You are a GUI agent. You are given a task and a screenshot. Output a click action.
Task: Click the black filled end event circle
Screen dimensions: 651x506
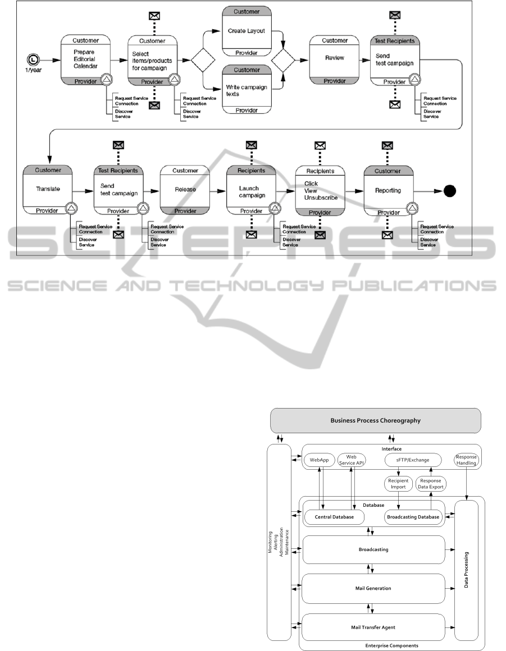(449, 191)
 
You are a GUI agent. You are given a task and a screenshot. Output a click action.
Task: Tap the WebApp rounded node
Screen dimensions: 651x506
(318, 460)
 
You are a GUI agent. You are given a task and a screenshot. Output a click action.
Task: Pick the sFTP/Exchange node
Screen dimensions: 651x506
(408, 460)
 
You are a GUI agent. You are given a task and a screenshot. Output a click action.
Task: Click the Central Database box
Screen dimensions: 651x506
(334, 516)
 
